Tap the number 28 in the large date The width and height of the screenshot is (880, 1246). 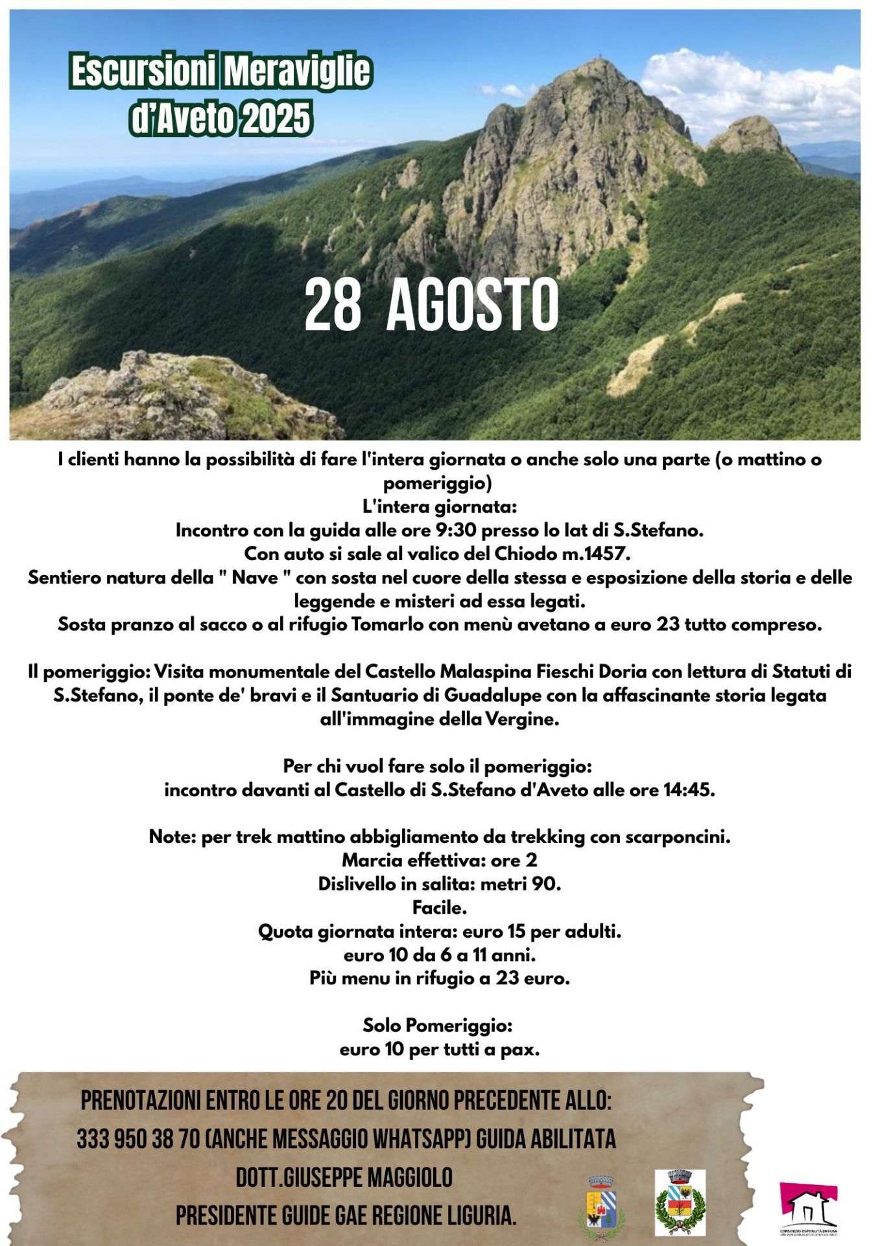(x=333, y=306)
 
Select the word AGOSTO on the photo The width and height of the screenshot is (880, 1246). (x=472, y=306)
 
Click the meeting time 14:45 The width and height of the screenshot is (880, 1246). (x=689, y=790)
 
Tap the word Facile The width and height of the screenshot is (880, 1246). (x=440, y=907)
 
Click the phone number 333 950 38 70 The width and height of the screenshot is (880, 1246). (x=138, y=1139)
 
